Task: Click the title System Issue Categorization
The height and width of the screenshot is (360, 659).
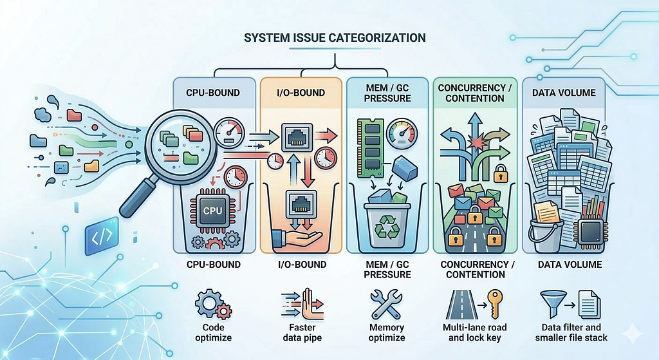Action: click(335, 38)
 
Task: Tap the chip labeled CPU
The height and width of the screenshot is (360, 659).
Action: click(212, 211)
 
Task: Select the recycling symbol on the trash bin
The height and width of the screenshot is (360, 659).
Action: click(387, 228)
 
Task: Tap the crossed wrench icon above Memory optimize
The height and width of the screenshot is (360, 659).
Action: click(386, 303)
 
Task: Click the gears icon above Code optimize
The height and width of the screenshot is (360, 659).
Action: click(213, 304)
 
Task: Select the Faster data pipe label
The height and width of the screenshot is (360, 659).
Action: click(302, 332)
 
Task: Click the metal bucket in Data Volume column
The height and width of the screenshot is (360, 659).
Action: click(546, 234)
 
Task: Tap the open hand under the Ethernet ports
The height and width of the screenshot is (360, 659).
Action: click(297, 238)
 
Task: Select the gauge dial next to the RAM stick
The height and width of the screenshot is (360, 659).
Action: click(402, 134)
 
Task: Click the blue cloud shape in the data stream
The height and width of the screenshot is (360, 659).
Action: click(42, 114)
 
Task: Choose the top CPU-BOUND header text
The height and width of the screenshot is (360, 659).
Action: click(213, 93)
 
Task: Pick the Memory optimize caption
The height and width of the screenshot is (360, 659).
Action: click(387, 332)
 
